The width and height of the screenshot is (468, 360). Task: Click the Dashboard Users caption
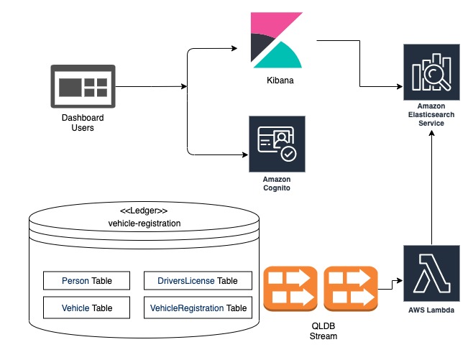[82, 123]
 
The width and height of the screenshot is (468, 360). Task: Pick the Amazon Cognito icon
[277, 144]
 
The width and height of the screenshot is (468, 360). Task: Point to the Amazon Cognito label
[277, 182]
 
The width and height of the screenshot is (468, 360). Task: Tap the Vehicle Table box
[87, 308]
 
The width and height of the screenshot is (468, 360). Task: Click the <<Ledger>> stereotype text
[143, 211]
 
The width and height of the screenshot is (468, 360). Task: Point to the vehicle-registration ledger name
[144, 223]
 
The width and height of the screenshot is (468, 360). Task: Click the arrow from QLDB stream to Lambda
[390, 285]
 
